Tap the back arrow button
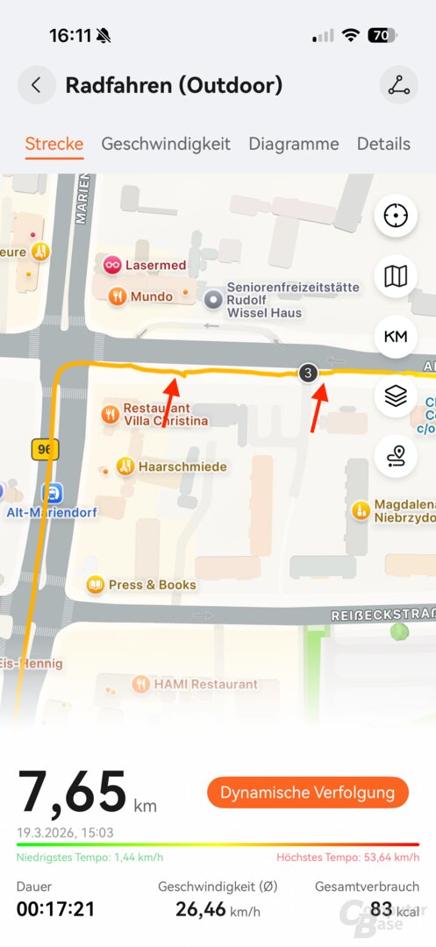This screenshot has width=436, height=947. point(36,85)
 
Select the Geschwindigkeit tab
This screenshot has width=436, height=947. point(166,144)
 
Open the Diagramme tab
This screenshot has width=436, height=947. point(293,144)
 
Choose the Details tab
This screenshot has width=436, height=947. point(383,144)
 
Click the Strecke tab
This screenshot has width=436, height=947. point(54,144)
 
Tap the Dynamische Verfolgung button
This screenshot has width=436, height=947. point(308,793)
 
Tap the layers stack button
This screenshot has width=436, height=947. point(396,396)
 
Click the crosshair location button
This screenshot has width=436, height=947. point(396,216)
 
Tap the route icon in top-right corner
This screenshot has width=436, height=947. point(399,85)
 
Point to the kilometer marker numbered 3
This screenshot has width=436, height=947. point(307,373)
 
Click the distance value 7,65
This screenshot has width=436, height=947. point(72,793)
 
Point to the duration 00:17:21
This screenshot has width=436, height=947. point(55,909)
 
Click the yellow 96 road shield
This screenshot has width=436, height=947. point(45,450)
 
